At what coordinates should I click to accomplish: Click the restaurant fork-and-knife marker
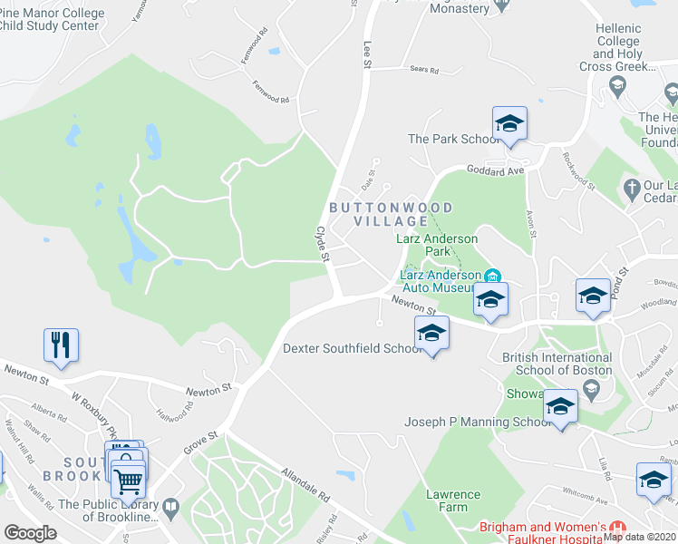point(61,345)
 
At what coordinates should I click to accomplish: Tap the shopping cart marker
point(129,480)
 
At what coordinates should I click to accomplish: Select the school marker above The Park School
point(509,123)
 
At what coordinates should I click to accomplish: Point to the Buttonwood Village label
point(378,214)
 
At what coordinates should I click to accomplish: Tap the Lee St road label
point(367,53)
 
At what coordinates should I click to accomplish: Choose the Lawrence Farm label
point(453,500)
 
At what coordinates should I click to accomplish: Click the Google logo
point(30,532)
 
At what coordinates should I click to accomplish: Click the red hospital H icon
point(618,528)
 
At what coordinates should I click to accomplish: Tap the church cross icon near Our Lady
point(632,189)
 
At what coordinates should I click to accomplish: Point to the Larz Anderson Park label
point(438,245)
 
